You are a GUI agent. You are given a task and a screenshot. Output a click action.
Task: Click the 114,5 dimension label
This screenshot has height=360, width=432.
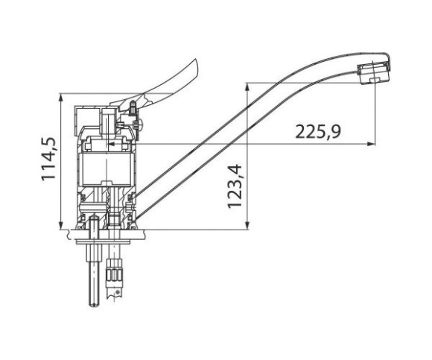(48, 160)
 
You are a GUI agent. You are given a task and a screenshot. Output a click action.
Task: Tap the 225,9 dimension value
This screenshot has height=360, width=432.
(317, 132)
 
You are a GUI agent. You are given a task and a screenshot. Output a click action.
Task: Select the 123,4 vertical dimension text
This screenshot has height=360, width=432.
(235, 186)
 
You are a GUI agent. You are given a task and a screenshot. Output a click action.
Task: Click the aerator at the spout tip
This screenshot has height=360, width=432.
(374, 74)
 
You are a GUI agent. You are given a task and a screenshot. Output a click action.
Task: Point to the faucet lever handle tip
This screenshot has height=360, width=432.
(195, 60)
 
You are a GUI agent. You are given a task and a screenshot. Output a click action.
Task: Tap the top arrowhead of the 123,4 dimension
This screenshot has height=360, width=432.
(247, 87)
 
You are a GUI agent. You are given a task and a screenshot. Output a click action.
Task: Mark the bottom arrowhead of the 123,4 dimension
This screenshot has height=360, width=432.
(247, 225)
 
